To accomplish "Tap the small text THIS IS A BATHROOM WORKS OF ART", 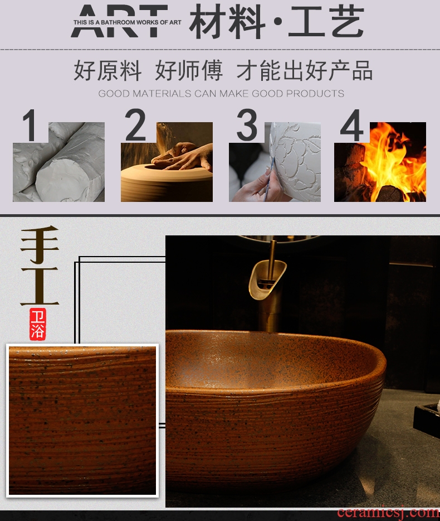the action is pyautogui.click(x=127, y=22).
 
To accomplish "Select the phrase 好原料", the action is pyautogui.click(x=107, y=70).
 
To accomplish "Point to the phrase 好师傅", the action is pyautogui.click(x=188, y=70).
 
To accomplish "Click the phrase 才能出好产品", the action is pyautogui.click(x=304, y=70).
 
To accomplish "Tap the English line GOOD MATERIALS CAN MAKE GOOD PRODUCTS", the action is pyautogui.click(x=221, y=94).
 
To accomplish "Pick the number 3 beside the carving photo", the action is pyautogui.click(x=247, y=125).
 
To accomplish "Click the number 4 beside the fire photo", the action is pyautogui.click(x=351, y=126).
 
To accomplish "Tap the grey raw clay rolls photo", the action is pyautogui.click(x=58, y=162).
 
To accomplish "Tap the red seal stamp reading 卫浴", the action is pyautogui.click(x=37, y=324).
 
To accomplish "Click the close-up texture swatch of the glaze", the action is pyautogui.click(x=82, y=421).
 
